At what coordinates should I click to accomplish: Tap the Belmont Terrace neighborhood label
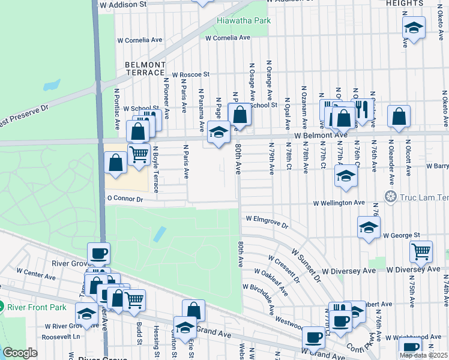(145, 68)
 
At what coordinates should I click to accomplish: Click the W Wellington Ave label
(339, 203)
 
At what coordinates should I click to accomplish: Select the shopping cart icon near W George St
(421, 251)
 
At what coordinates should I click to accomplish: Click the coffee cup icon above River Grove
(98, 253)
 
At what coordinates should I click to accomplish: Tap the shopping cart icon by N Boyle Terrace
(139, 154)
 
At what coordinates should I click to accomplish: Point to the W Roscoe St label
(190, 74)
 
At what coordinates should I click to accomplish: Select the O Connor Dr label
(125, 199)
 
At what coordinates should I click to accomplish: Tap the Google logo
(20, 353)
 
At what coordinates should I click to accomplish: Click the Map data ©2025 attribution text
(423, 355)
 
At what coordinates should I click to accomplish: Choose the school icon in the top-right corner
(413, 28)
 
